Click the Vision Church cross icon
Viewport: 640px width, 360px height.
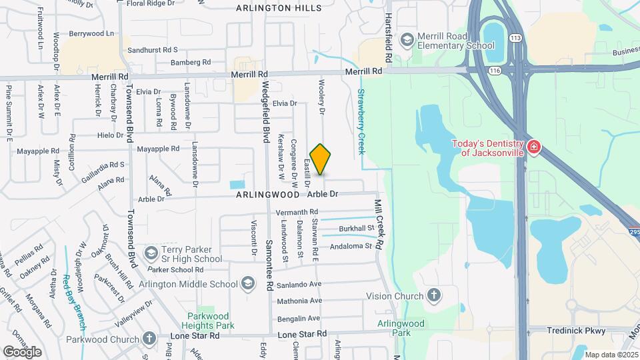click(434, 296)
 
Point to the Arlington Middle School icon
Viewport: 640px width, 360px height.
click(249, 284)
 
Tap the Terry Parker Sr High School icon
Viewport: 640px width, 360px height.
click(151, 253)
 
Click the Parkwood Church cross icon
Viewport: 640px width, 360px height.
click(149, 338)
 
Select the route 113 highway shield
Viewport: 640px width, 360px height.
click(515, 38)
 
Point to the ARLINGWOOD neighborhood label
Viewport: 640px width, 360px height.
click(267, 195)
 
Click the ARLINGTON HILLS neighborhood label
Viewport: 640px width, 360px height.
click(279, 8)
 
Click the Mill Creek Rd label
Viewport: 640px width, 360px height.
click(379, 225)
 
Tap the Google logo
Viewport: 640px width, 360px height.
click(22, 351)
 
